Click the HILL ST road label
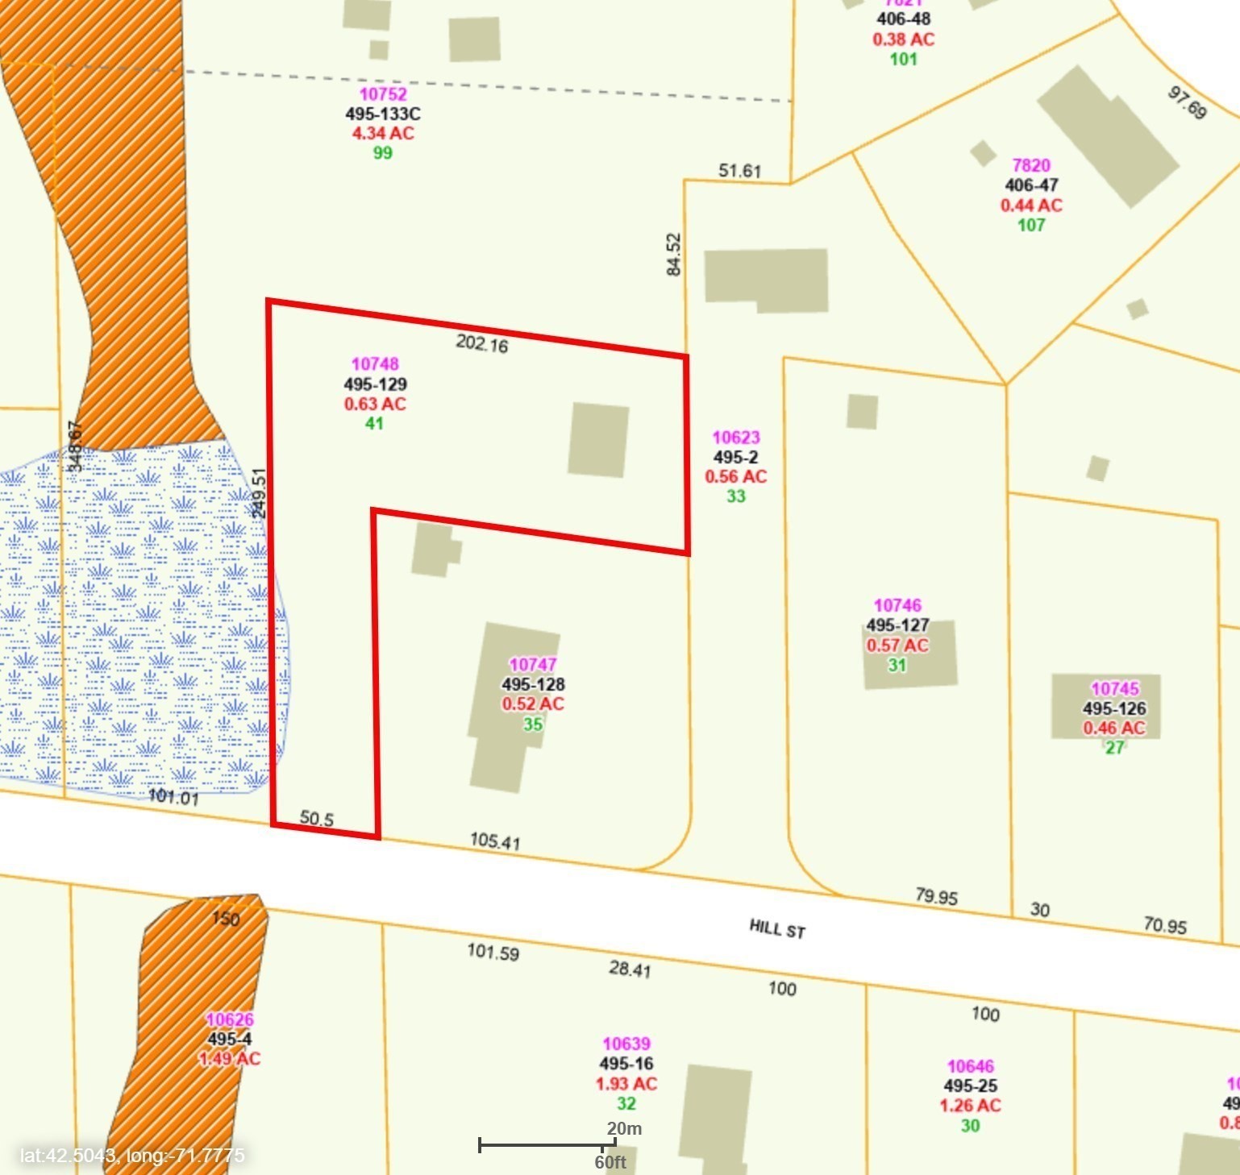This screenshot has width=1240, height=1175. (x=777, y=928)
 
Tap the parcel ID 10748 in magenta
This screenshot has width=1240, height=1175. (x=375, y=364)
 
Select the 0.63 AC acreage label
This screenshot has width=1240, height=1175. (x=375, y=404)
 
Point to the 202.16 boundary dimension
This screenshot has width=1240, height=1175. (x=482, y=344)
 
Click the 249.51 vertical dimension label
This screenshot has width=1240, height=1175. (x=259, y=493)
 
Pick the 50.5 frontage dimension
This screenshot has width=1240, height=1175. (x=316, y=819)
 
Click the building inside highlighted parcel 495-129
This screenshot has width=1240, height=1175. (x=598, y=440)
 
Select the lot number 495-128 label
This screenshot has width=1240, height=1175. (x=533, y=684)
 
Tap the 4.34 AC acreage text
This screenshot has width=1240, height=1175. (x=383, y=133)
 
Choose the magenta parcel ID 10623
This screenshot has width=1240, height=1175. (x=736, y=438)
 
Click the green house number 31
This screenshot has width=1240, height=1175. (x=897, y=665)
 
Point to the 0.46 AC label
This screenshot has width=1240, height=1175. (x=1113, y=728)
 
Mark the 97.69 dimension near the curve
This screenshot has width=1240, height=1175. (x=1187, y=103)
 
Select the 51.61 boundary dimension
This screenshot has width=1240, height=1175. (x=739, y=171)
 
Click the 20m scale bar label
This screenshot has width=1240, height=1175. (x=624, y=1128)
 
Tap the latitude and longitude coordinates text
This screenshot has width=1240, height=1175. (x=132, y=1156)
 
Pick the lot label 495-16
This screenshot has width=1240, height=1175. (x=626, y=1064)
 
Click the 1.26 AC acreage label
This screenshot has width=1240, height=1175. (x=970, y=1106)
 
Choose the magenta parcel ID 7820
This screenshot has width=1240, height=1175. (x=1031, y=165)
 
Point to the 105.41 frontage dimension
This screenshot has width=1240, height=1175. (x=495, y=841)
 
